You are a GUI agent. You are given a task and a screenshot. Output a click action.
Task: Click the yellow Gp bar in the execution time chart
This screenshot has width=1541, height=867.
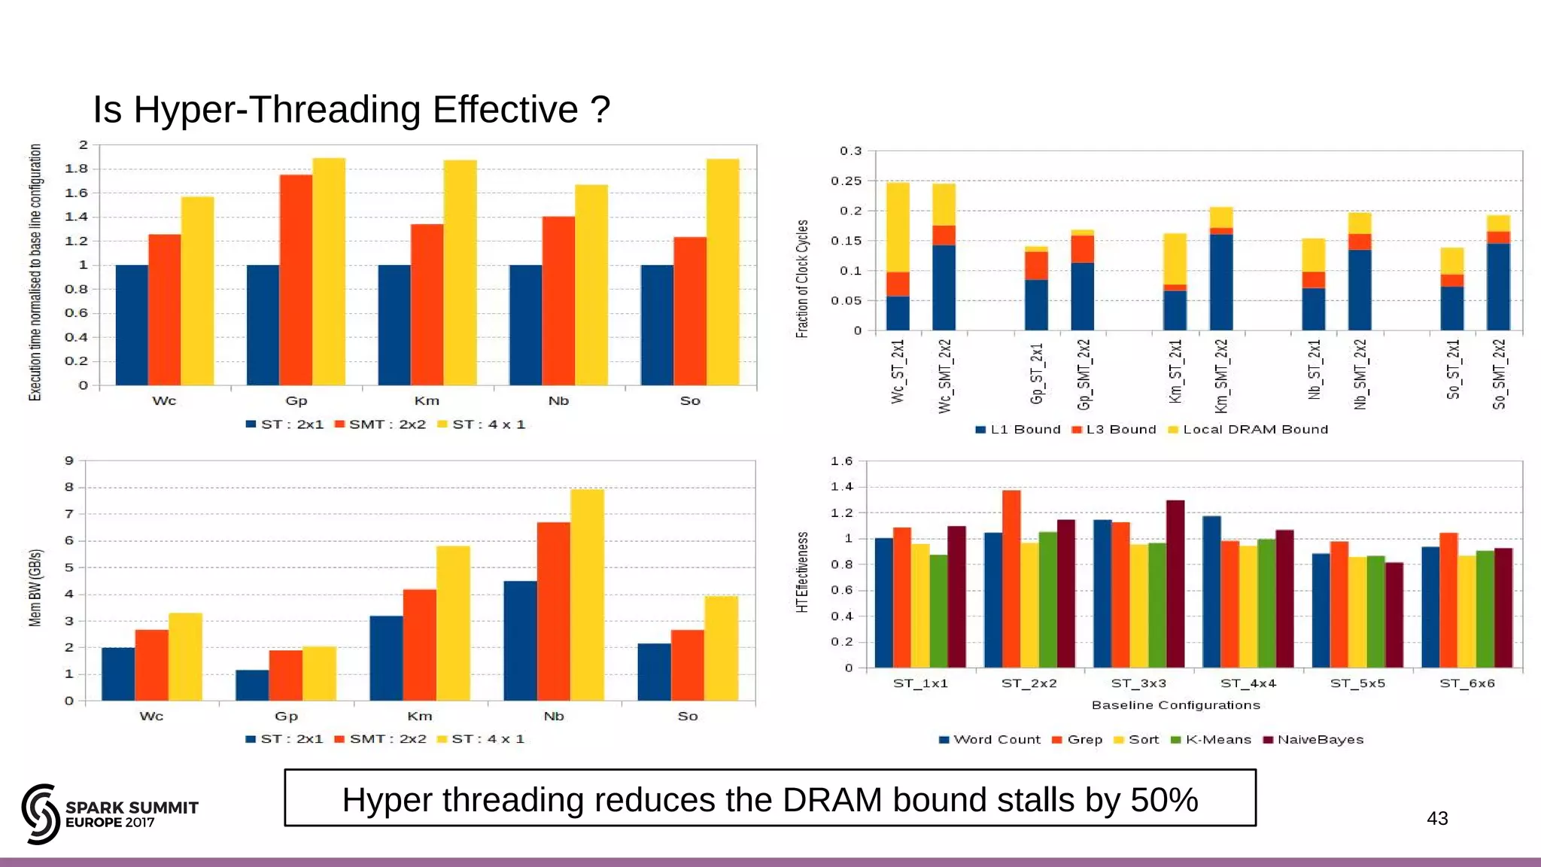pos(329,271)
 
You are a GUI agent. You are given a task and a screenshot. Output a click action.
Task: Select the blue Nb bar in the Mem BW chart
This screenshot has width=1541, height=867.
pos(520,640)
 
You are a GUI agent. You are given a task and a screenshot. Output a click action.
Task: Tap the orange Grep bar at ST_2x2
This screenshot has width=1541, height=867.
pos(1011,579)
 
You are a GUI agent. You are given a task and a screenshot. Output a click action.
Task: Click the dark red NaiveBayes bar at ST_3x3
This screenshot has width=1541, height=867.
pos(1175,584)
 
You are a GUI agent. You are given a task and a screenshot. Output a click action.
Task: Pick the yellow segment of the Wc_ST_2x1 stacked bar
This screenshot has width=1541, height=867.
pos(898,227)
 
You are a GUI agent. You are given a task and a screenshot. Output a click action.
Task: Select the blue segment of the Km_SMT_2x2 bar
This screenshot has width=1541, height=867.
pos(1221,282)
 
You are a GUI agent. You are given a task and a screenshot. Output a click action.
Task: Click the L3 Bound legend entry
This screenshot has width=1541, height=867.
pos(1114,430)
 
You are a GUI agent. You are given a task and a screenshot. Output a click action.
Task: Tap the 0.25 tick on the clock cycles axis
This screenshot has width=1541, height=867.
pos(846,181)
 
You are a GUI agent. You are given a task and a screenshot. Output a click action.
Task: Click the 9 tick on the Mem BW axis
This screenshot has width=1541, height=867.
pos(69,461)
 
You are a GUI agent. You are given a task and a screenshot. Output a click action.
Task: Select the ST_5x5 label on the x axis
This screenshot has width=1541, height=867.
pos(1357,683)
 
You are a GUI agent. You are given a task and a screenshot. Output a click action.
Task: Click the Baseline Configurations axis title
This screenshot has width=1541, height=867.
pos(1175,705)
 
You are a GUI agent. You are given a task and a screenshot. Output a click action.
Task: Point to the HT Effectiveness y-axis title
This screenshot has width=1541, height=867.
pos(802,572)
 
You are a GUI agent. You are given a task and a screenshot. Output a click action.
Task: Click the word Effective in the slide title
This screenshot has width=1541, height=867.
pos(506,110)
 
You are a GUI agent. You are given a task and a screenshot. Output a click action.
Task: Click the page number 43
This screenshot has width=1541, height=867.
pos(1437,818)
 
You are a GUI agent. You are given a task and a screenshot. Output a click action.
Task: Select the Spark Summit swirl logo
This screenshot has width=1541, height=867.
pos(41,814)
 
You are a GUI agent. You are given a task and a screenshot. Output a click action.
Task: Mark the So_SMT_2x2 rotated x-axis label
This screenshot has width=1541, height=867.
pos(1499,374)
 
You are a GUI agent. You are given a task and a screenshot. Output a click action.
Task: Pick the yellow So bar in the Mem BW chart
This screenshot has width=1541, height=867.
pos(721,648)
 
